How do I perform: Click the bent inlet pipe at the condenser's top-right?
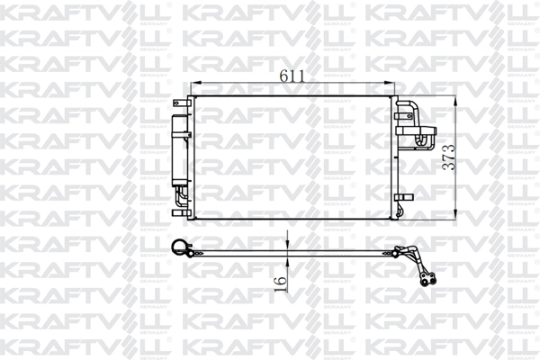pos(407,108)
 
